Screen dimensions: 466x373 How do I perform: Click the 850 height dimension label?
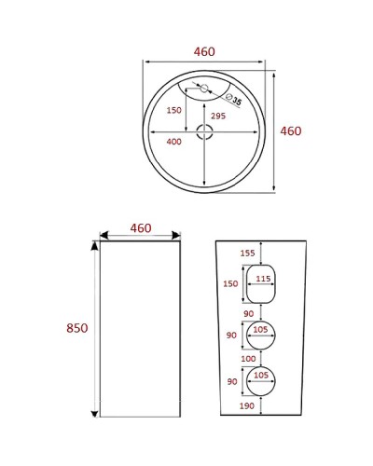(76, 327)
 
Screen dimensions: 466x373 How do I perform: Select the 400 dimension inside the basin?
(173, 142)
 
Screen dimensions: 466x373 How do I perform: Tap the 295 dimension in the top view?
(217, 116)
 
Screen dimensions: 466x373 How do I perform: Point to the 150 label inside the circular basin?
(173, 110)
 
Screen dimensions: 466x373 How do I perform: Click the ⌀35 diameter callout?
(234, 100)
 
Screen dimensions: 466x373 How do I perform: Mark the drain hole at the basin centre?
(204, 132)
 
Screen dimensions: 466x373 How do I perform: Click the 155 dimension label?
(247, 253)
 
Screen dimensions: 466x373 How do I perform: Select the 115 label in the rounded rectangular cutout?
(263, 279)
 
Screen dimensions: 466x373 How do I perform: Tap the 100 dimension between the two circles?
(248, 358)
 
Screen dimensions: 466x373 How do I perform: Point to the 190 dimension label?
(247, 407)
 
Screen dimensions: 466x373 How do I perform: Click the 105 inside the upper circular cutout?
(262, 329)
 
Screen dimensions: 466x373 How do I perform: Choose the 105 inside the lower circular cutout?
(262, 375)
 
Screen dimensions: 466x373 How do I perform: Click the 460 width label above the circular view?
(203, 52)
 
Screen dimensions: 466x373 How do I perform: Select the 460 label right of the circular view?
(291, 131)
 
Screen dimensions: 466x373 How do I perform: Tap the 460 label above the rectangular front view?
(141, 227)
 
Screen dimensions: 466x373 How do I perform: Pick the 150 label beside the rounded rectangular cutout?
(232, 284)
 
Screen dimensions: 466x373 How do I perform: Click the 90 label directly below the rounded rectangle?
(248, 314)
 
